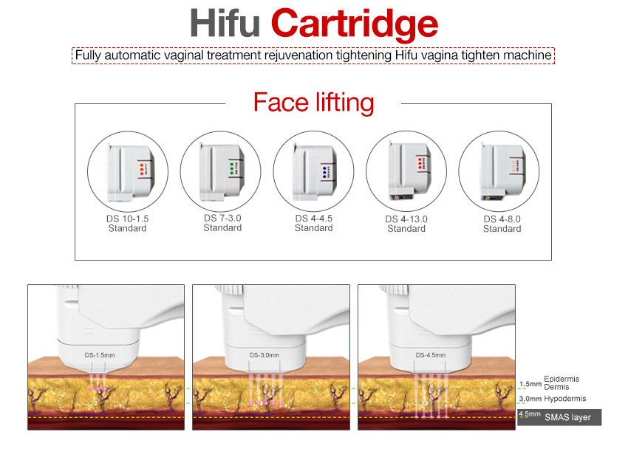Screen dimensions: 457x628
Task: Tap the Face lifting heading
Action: click(313, 102)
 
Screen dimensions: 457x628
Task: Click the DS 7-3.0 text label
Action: click(222, 218)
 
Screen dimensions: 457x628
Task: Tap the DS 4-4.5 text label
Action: click(314, 218)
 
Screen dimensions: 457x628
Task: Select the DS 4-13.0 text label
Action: click(406, 219)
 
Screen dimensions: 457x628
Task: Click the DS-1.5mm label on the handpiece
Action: click(100, 355)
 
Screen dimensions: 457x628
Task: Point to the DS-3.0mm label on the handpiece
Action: click(265, 355)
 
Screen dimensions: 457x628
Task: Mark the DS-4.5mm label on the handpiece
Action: click(430, 355)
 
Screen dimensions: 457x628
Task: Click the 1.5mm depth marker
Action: click(530, 384)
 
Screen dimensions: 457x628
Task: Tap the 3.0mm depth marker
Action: click(530, 399)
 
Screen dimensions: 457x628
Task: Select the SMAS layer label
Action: click(567, 417)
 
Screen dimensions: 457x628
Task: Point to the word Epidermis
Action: click(562, 379)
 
